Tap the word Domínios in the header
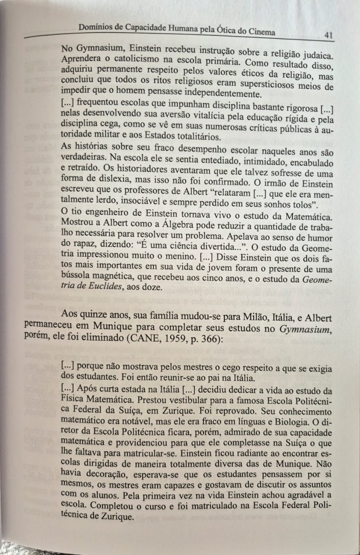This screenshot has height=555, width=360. [x=96, y=28]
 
